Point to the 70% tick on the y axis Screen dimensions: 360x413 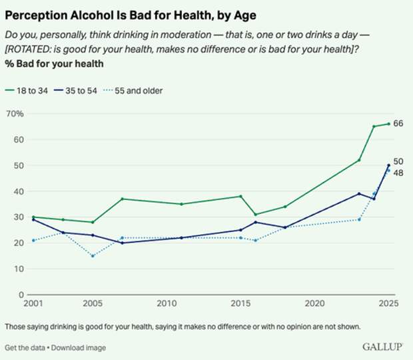[x=14, y=114]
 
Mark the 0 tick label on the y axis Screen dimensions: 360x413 [x=21, y=295]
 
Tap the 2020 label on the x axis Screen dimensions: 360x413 [x=314, y=304]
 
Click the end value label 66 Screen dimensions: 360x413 [x=399, y=124]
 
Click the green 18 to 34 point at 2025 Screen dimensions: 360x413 [x=389, y=124]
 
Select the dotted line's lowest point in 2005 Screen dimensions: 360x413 [x=93, y=256]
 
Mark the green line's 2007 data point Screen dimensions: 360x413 [x=123, y=199]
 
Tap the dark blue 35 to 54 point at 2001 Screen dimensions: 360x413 [x=33, y=219]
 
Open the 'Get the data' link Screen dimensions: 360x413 [x=25, y=348]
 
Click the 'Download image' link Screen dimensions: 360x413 [x=79, y=348]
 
